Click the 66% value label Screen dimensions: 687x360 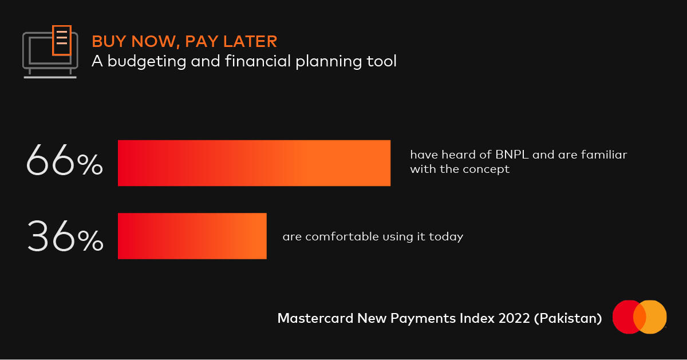64,160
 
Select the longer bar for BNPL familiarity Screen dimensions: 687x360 254,163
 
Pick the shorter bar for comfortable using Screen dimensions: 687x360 192,236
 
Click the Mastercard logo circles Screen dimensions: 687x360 639,317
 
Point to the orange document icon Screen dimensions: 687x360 62,41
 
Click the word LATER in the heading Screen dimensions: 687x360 250,41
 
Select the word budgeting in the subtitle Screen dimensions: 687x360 147,61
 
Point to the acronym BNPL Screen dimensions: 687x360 512,155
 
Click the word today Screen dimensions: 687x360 446,237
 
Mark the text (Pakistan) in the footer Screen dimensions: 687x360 568,319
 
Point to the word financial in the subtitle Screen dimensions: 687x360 258,61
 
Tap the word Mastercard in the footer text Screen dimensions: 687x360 315,318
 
